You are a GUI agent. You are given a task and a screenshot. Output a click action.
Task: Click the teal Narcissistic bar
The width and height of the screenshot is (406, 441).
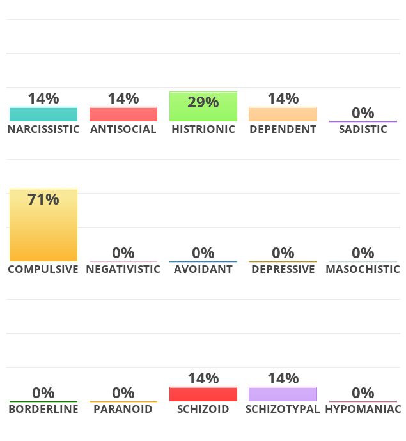click(43, 114)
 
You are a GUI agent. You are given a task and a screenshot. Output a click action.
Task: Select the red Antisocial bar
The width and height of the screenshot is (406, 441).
click(123, 114)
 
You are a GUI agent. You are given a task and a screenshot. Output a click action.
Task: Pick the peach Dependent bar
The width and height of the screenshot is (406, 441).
click(283, 114)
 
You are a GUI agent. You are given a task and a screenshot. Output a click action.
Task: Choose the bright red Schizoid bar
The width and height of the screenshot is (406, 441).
click(203, 394)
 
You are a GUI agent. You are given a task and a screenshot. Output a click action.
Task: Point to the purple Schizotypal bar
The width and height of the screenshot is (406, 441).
click(283, 394)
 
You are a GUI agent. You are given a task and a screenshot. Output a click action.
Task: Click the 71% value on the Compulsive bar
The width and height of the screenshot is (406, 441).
click(43, 199)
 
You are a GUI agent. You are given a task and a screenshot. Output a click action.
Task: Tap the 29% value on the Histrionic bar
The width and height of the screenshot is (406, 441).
click(203, 102)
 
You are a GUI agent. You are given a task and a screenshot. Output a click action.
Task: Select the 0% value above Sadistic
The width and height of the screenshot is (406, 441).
click(363, 113)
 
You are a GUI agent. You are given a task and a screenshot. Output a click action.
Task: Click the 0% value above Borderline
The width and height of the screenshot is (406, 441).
click(43, 393)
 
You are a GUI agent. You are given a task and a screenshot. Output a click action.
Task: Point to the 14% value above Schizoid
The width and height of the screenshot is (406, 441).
click(203, 378)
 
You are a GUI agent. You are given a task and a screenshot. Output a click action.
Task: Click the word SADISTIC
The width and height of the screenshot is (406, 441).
click(363, 129)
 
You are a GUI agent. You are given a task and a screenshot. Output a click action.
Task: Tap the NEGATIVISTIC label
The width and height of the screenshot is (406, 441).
click(123, 269)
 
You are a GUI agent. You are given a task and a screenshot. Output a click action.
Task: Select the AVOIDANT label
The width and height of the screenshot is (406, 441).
click(203, 269)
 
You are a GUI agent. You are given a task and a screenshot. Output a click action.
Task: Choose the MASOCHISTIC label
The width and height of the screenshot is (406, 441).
click(363, 269)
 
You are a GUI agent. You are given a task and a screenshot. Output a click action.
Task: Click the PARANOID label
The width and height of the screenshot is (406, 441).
click(123, 409)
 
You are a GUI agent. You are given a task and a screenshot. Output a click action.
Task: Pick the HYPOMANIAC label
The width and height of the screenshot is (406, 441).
click(363, 409)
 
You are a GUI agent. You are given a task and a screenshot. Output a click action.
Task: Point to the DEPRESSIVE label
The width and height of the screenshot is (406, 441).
click(283, 269)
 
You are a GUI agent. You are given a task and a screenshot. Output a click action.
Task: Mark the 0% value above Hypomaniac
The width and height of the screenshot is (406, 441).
click(363, 393)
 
